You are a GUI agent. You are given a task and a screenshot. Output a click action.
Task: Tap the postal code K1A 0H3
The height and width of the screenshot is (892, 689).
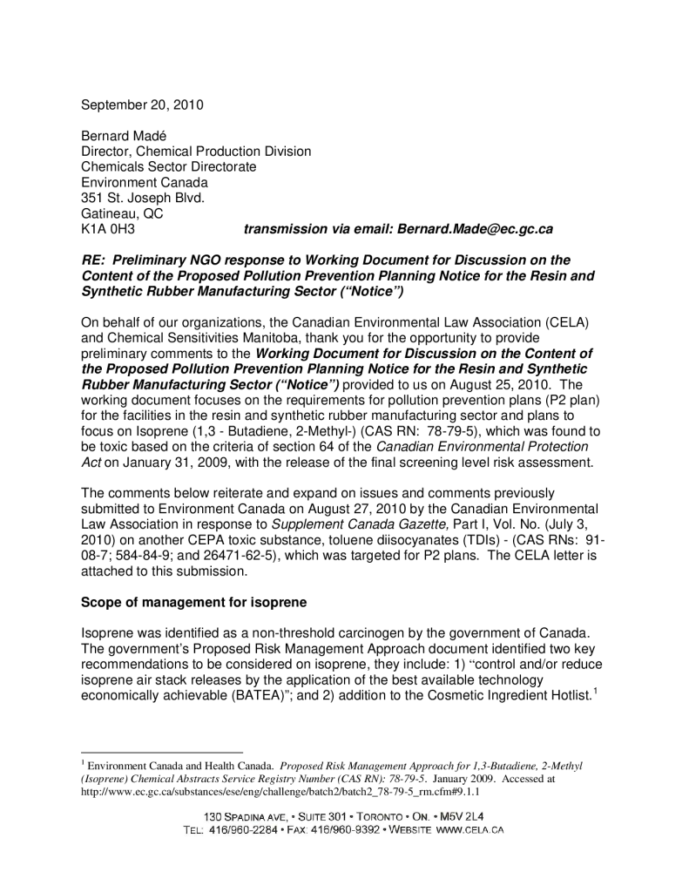coord(107,229)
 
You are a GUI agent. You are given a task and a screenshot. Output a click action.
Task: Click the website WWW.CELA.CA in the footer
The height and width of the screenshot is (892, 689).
coord(469,831)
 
